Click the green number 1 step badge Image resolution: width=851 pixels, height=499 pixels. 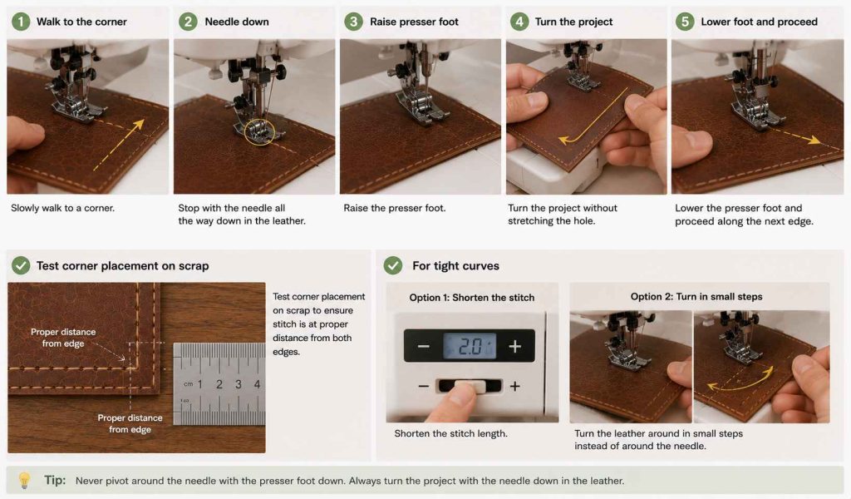click(x=21, y=22)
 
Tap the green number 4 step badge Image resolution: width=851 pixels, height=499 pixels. click(x=519, y=22)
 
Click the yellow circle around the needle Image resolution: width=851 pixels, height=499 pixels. click(x=259, y=132)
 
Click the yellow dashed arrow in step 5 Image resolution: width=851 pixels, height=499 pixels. click(x=794, y=136)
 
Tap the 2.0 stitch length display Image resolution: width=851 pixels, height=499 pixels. click(x=470, y=346)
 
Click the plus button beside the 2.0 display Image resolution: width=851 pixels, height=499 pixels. click(x=515, y=346)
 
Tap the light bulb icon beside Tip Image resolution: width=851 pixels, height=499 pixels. click(x=24, y=480)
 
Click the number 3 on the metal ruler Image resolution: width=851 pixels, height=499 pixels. click(x=239, y=384)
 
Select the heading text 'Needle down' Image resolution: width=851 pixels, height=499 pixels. click(x=237, y=22)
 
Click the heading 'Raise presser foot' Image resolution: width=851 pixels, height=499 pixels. click(x=414, y=22)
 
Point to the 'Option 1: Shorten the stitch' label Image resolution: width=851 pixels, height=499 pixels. click(x=472, y=298)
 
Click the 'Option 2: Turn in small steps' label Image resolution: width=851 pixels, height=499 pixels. click(x=696, y=296)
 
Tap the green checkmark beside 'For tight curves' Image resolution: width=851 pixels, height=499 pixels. click(x=393, y=265)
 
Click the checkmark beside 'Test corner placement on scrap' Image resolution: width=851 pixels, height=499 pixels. click(x=21, y=265)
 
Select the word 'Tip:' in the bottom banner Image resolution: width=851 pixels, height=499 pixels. click(x=55, y=480)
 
